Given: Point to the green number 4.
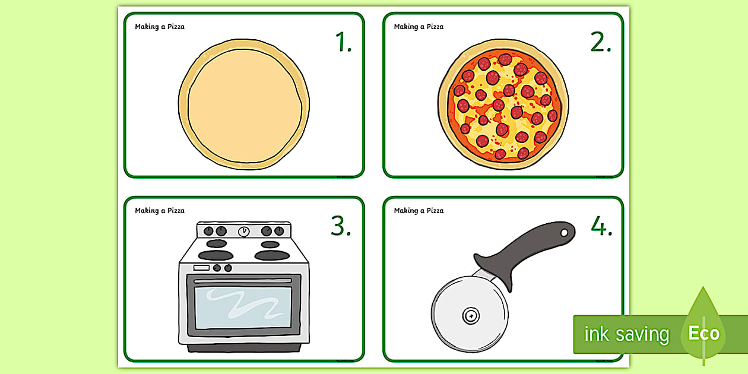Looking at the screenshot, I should (600, 226).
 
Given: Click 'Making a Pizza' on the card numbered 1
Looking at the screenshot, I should (160, 27).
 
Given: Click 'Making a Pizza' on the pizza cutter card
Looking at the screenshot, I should (419, 211).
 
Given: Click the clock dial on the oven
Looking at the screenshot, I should (243, 232).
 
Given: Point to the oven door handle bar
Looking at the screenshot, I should (243, 280).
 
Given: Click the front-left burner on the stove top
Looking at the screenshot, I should (215, 255).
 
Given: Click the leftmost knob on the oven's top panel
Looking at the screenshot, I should (208, 231).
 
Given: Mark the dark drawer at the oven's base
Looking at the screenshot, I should (243, 347).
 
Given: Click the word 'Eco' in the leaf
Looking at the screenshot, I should (703, 333).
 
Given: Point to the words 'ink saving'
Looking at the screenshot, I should (626, 334).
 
